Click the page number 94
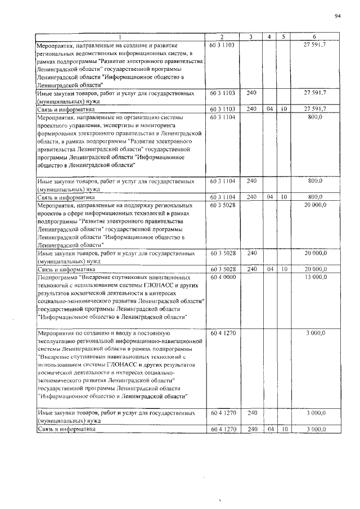337,16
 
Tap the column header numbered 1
119,37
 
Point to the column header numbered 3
251,37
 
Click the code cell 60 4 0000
223,277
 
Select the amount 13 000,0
315,277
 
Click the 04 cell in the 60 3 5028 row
271,269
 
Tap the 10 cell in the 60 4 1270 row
285,429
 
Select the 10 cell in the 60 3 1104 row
285,197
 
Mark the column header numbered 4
271,37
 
